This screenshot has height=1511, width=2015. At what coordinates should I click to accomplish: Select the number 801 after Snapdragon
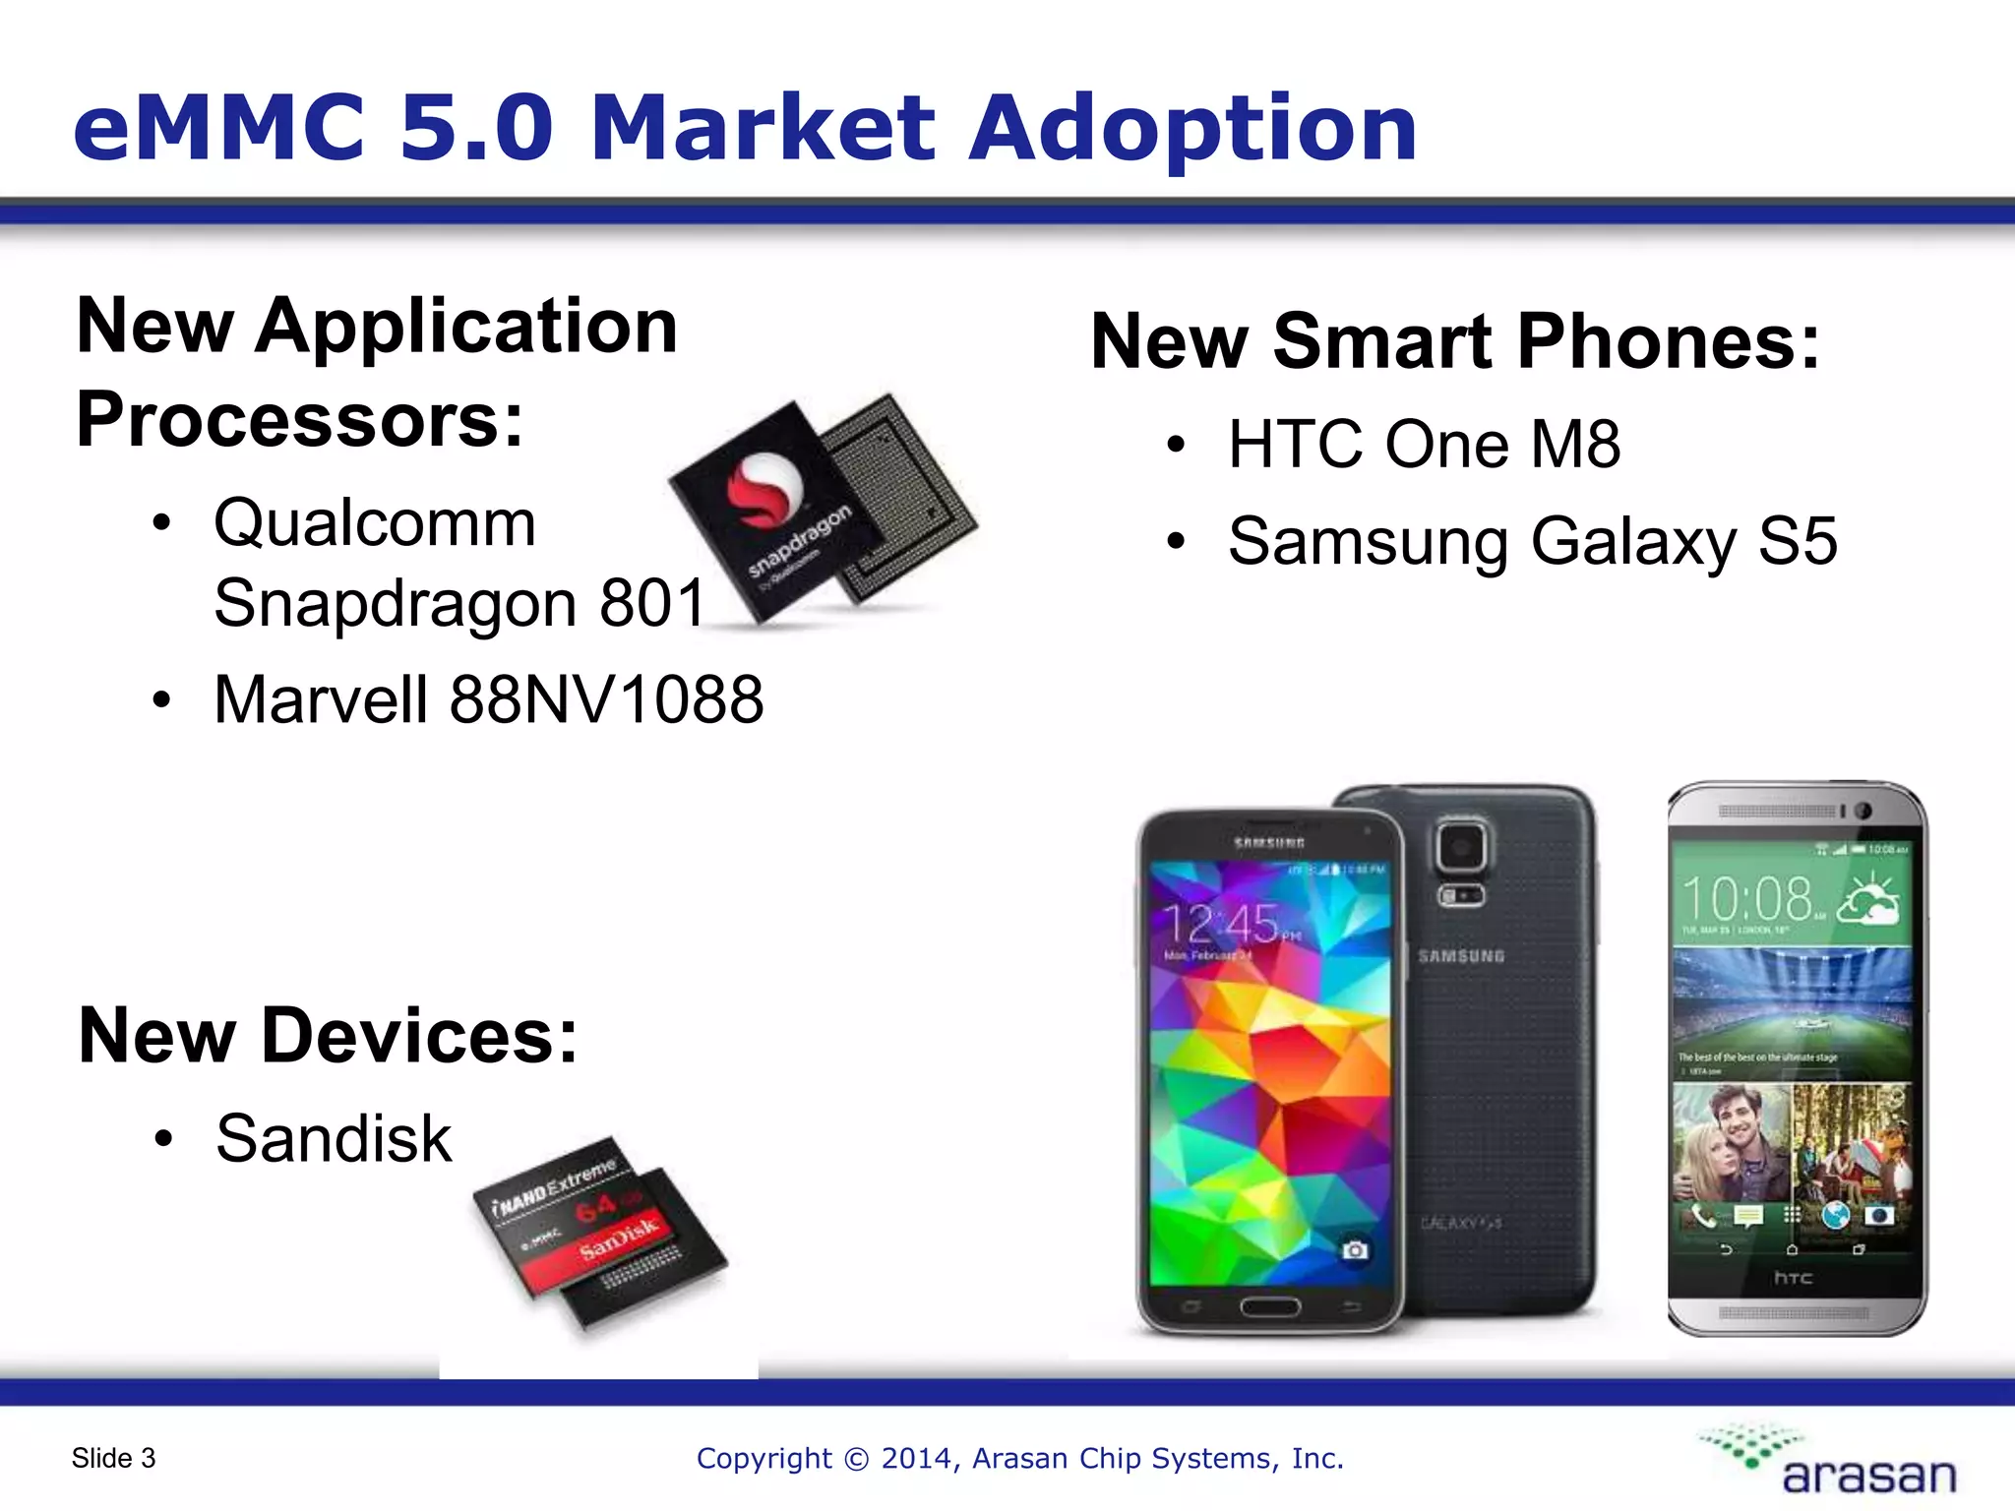coord(653,602)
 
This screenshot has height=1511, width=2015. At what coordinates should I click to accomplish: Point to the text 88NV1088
coord(606,699)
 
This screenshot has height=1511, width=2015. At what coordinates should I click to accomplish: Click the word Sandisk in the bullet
coord(334,1138)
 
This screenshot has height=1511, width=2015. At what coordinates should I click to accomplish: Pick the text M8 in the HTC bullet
coord(1575,444)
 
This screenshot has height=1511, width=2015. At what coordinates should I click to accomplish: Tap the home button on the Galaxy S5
coord(1270,1306)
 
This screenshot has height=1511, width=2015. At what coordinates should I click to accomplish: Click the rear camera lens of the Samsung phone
coord(1462,846)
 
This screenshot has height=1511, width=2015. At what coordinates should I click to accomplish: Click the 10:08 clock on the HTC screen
coord(1747,898)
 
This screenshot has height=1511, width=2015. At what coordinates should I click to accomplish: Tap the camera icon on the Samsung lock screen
coord(1355,1249)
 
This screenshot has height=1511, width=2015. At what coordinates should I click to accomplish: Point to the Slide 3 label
coord(113,1458)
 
